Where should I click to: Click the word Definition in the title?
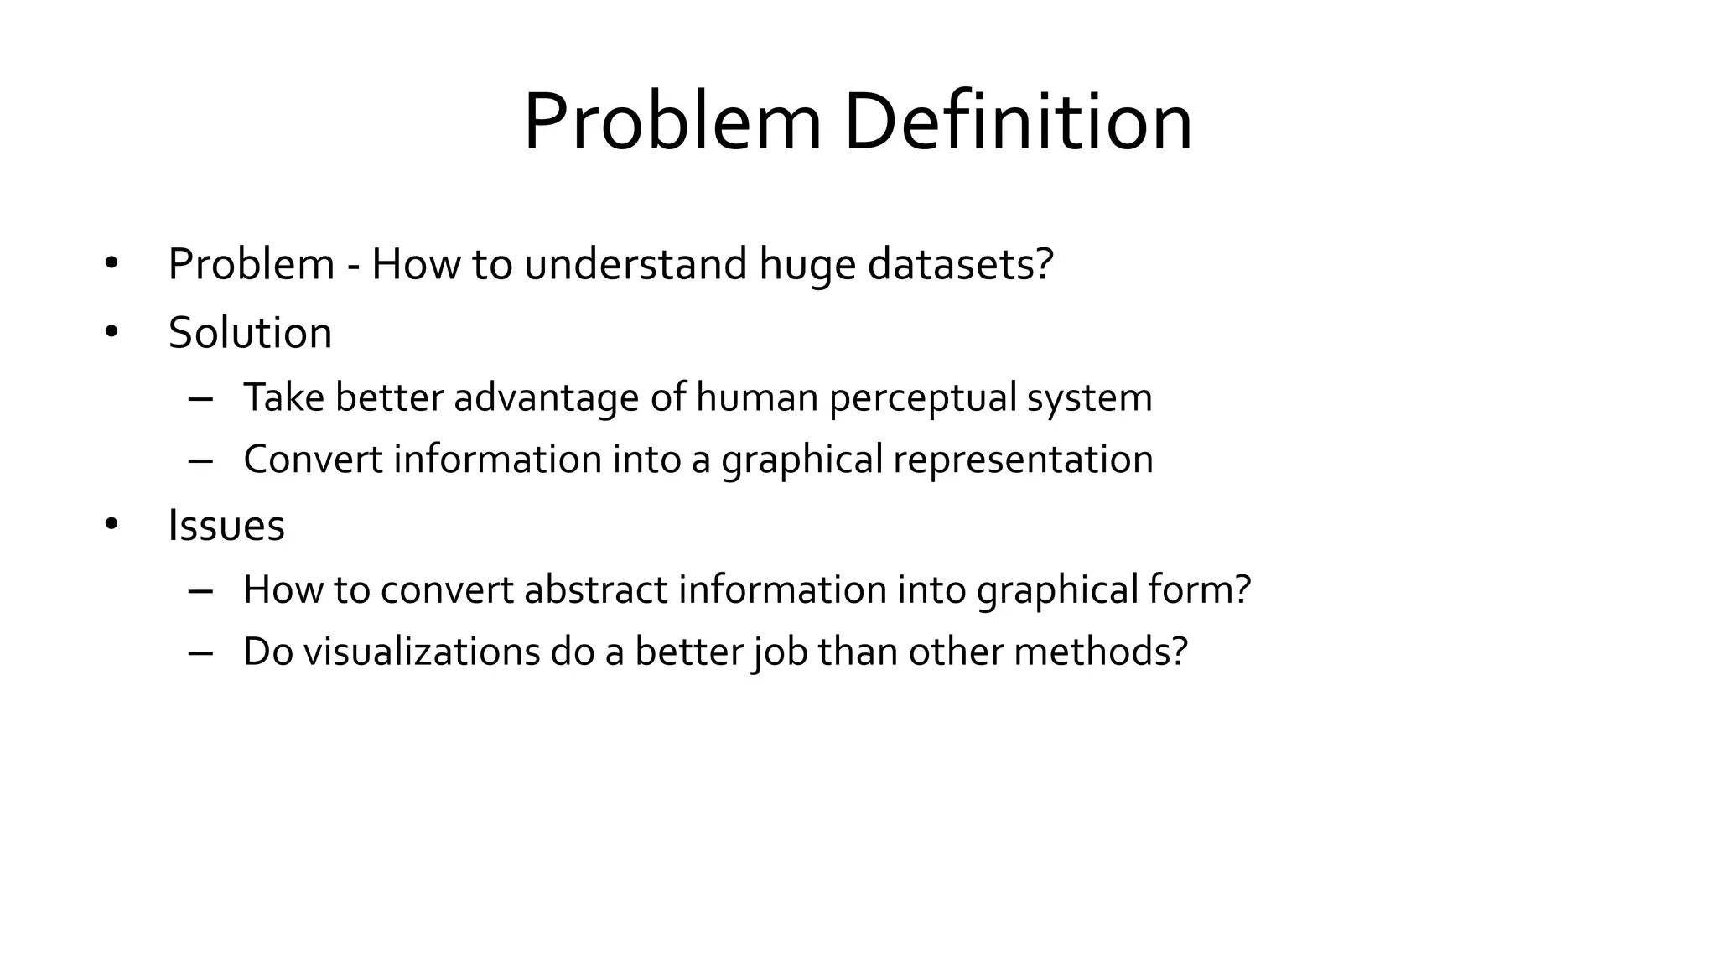1017,122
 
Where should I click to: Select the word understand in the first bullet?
635,264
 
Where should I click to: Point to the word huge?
807,266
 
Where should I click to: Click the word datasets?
960,264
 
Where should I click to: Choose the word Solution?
250,333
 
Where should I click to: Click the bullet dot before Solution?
112,332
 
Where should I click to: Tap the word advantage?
546,397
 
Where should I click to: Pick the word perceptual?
922,397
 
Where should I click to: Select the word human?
756,397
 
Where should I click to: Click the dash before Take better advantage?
200,398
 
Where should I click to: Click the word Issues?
226,526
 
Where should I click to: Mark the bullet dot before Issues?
112,525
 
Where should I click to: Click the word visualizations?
421,652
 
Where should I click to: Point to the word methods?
1100,652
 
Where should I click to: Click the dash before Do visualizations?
200,652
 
